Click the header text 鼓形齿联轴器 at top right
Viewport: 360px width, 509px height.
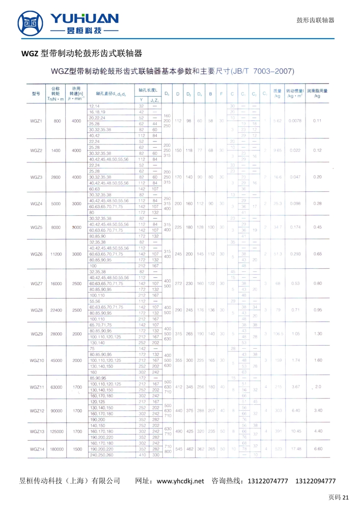[x=315, y=20]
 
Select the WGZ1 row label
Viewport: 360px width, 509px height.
[x=36, y=121]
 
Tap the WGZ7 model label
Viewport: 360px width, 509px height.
[x=36, y=283]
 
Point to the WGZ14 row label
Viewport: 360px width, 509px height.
[x=36, y=449]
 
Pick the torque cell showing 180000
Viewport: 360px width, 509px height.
[x=56, y=449]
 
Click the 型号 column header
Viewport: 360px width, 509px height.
[x=36, y=94]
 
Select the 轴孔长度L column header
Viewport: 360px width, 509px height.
[x=147, y=89]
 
